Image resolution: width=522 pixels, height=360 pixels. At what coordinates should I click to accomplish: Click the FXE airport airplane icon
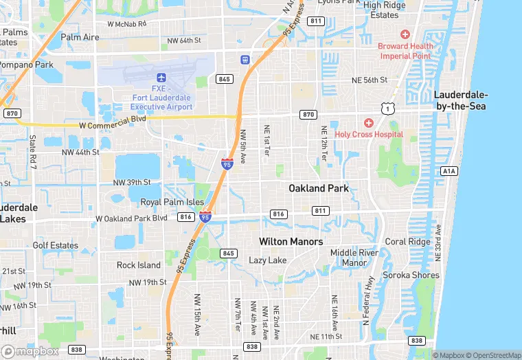coord(162,78)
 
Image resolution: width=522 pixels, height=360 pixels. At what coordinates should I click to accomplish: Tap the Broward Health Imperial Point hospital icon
coord(405,34)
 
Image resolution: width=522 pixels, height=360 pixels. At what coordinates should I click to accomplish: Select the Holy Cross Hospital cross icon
coord(369,123)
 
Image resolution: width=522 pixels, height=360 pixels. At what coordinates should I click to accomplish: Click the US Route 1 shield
coord(390,109)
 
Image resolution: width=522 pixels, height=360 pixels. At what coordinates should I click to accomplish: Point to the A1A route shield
coord(449,170)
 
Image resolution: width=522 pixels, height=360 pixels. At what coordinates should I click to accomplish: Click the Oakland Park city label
coord(318,188)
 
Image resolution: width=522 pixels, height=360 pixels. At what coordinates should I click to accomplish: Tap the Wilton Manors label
coord(291,241)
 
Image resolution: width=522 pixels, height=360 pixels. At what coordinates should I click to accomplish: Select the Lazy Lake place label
coord(268,260)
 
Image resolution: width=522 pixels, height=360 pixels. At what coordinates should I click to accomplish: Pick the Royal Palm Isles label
coord(172,202)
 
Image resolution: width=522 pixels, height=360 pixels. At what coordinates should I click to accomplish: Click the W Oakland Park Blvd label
coord(131,218)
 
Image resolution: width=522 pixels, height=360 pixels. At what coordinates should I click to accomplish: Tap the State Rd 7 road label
coord(32,152)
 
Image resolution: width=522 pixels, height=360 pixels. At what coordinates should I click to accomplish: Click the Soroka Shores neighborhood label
coord(411,275)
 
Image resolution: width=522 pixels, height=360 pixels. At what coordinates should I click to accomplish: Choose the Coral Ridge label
coord(407,241)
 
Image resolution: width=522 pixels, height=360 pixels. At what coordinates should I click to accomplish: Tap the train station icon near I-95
coord(245,59)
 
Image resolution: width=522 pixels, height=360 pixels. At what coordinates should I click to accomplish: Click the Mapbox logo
coord(30,351)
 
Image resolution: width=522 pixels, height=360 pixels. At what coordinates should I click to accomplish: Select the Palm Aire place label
coord(80,36)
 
